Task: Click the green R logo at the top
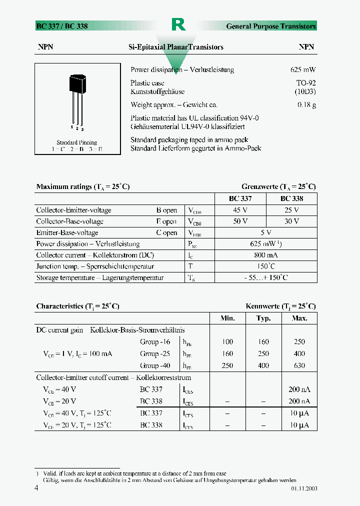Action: click(178, 24)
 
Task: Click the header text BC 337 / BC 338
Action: click(62, 26)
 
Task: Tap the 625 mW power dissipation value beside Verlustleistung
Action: click(303, 70)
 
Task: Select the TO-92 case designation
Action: click(306, 83)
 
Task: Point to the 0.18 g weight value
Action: click(306, 105)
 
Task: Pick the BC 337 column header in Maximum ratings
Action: click(240, 198)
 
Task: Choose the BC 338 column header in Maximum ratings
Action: click(291, 198)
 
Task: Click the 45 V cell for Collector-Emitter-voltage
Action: click(240, 210)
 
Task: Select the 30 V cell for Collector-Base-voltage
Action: click(291, 221)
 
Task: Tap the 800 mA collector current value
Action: click(266, 255)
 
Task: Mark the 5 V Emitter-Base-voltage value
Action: click(266, 232)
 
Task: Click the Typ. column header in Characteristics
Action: click(263, 318)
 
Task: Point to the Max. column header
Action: click(299, 318)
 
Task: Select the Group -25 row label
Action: click(155, 353)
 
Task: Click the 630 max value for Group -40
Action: click(299, 365)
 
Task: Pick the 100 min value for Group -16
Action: click(227, 342)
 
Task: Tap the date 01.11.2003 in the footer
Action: click(303, 488)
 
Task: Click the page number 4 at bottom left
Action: click(36, 488)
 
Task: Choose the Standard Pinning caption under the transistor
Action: click(76, 142)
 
